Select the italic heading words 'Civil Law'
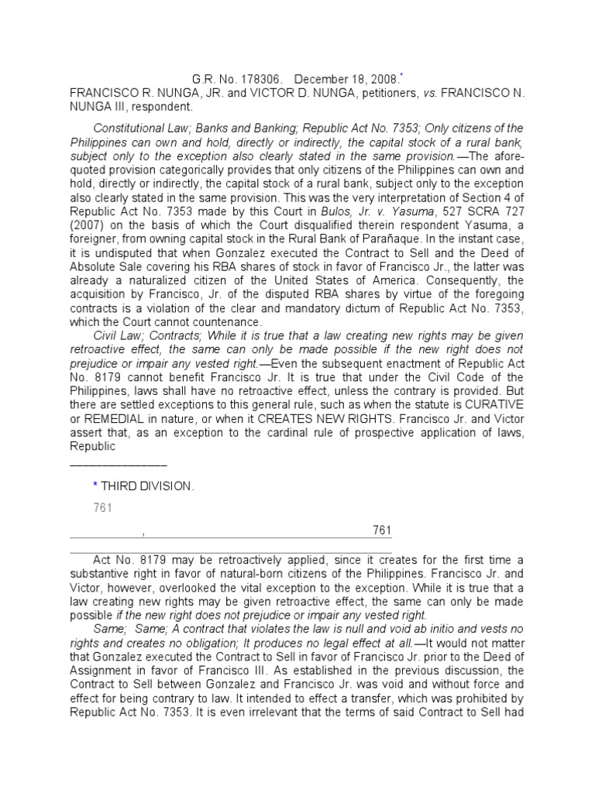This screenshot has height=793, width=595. [x=117, y=336]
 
